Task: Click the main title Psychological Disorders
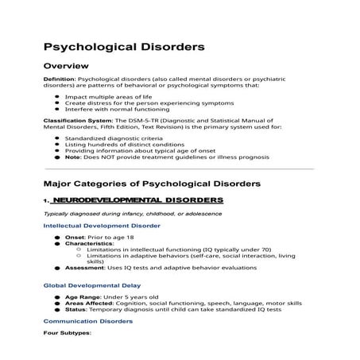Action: pos(123,47)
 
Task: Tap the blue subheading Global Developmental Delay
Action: pos(91,285)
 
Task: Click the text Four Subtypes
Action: pos(68,332)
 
